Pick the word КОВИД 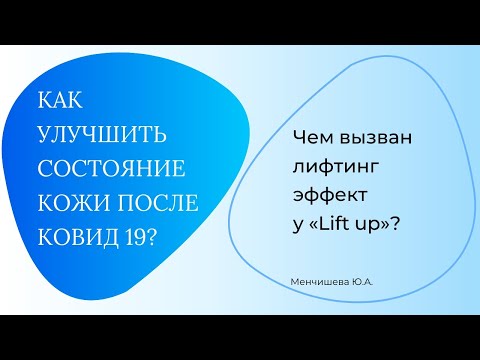[78, 235]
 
